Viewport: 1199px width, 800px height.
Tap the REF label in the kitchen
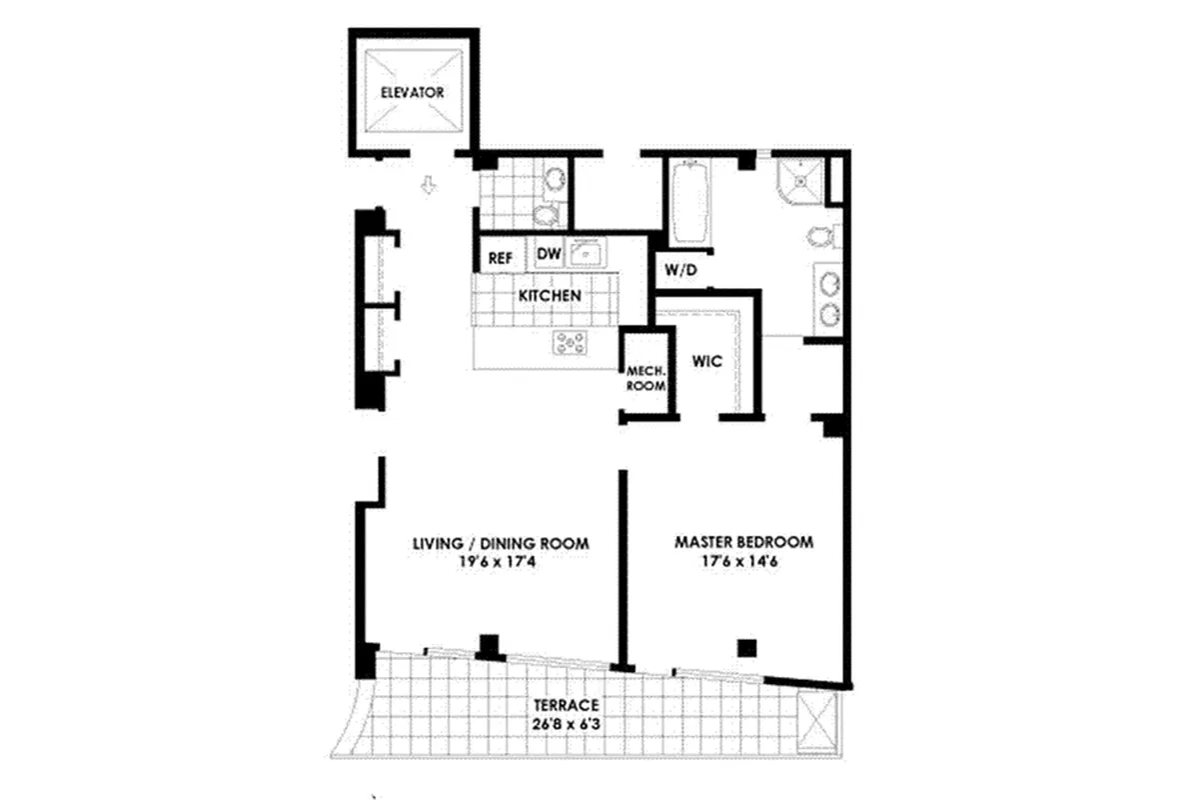tap(500, 258)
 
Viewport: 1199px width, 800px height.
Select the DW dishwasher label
tap(549, 254)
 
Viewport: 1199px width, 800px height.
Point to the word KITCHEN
tap(549, 296)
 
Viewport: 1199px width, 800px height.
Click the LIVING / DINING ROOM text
tap(501, 543)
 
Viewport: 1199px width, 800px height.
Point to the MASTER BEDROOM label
tap(743, 542)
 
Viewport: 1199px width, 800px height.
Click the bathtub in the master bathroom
tap(689, 204)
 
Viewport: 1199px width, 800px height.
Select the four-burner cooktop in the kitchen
tap(571, 343)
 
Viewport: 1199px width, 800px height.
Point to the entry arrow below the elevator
tap(429, 186)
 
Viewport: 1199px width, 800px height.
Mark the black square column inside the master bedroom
tap(746, 647)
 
